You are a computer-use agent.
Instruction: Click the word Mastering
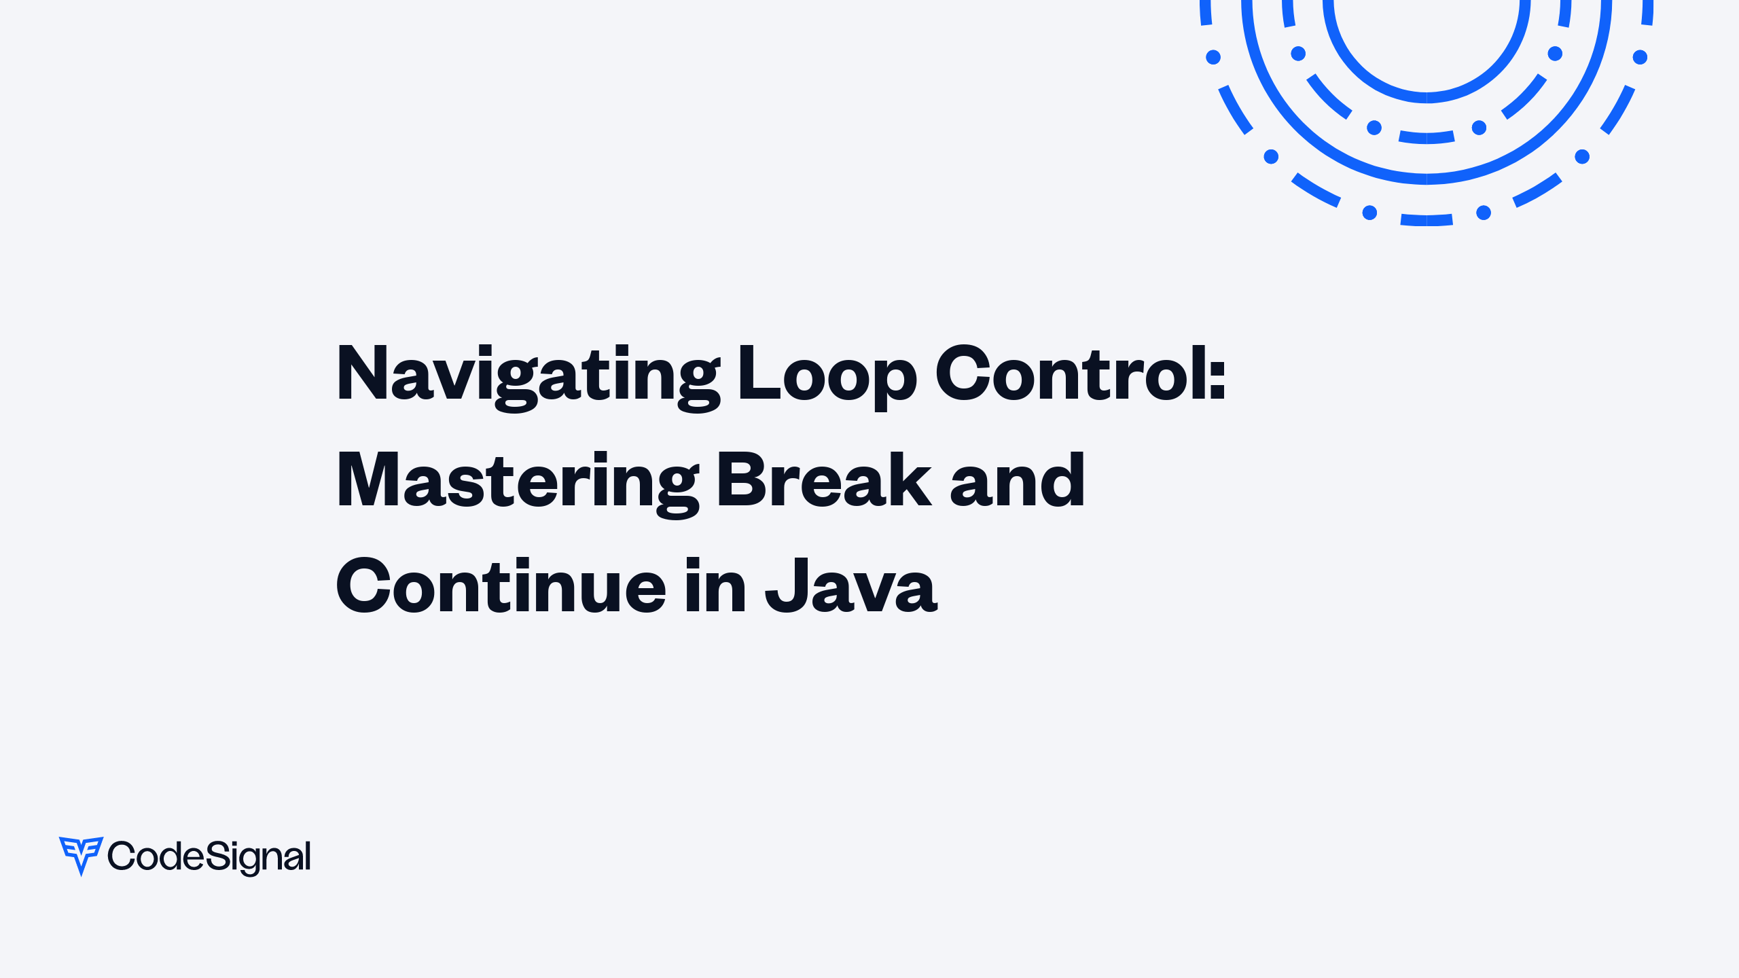[x=517, y=481]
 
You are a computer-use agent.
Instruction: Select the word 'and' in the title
[x=1017, y=481]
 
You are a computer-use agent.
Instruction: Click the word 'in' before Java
[x=715, y=585]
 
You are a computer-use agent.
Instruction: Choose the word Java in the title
[x=851, y=587]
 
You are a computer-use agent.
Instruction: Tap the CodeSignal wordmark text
[x=209, y=856]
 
